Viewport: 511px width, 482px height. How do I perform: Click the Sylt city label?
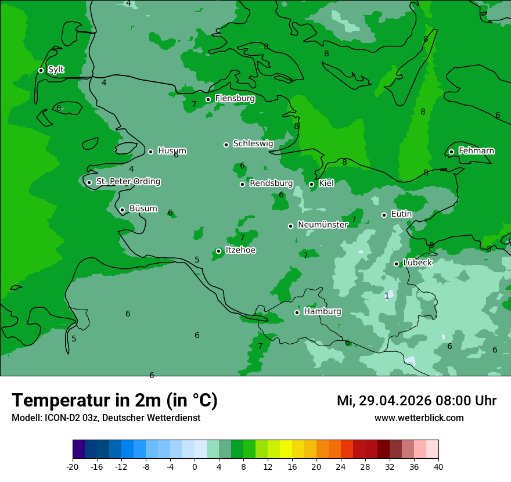pyautogui.click(x=56, y=70)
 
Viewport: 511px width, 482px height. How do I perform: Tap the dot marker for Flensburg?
pyautogui.click(x=208, y=99)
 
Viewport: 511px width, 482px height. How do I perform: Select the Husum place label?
pyautogui.click(x=172, y=151)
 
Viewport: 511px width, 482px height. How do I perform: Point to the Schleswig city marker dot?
pyautogui.click(x=226, y=145)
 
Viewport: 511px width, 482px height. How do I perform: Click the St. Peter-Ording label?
pyautogui.click(x=128, y=182)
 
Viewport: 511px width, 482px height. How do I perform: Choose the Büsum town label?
pyautogui.click(x=143, y=208)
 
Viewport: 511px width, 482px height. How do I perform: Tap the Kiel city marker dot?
pyautogui.click(x=311, y=184)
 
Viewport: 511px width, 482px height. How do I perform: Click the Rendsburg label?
pyautogui.click(x=271, y=184)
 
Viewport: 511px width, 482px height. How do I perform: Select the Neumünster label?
pyautogui.click(x=323, y=225)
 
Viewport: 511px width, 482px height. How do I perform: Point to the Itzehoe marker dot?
pyautogui.click(x=218, y=251)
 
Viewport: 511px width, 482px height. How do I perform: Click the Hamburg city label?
pyautogui.click(x=322, y=311)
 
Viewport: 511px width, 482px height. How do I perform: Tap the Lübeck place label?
pyautogui.click(x=418, y=262)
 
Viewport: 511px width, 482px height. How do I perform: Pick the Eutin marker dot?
pyautogui.click(x=384, y=215)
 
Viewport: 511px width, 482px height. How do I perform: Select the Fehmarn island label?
pyautogui.click(x=476, y=151)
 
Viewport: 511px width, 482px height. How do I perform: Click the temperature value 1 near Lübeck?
pyautogui.click(x=387, y=296)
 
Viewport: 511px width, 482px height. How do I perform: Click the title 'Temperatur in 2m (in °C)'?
pyautogui.click(x=114, y=400)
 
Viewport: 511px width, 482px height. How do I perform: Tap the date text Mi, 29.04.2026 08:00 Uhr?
pyautogui.click(x=416, y=401)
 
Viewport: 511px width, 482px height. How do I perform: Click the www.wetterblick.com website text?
pyautogui.click(x=419, y=418)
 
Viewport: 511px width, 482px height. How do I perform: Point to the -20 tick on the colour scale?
pyautogui.click(x=73, y=466)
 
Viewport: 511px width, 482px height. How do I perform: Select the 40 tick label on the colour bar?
pyautogui.click(x=438, y=466)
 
